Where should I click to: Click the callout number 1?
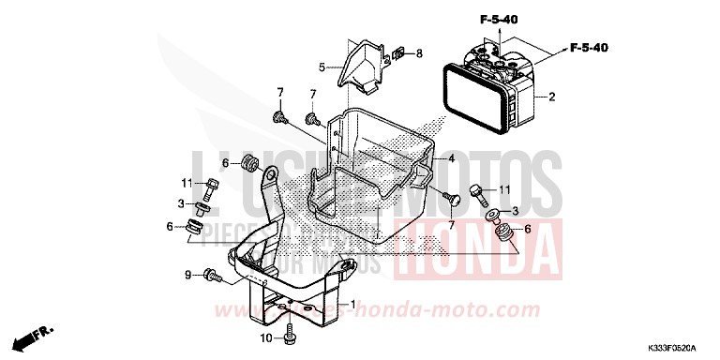pyautogui.click(x=353, y=305)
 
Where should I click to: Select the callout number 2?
pyautogui.click(x=552, y=96)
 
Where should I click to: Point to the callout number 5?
pyautogui.click(x=321, y=67)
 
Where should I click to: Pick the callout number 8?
pyautogui.click(x=418, y=52)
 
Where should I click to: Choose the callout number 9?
pyautogui.click(x=187, y=276)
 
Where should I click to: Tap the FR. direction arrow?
pyautogui.click(x=39, y=333)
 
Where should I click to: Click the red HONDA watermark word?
pyautogui.click(x=479, y=251)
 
